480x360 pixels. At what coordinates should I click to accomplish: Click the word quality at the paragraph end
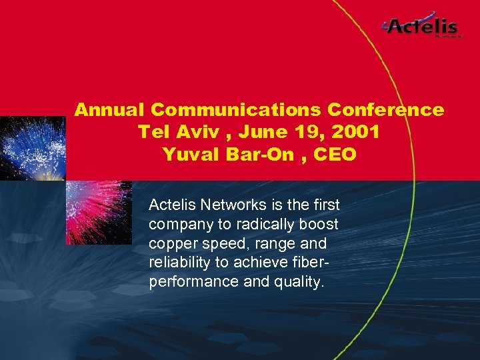click(x=298, y=281)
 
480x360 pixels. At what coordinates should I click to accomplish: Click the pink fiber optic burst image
click(x=99, y=212)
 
